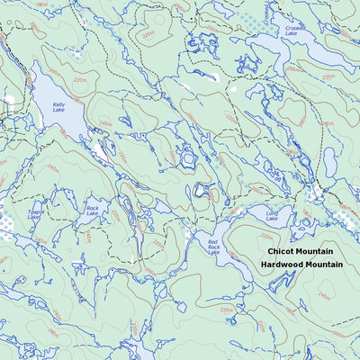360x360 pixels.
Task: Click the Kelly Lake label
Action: tap(58, 107)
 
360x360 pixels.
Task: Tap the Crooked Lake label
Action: tap(294, 31)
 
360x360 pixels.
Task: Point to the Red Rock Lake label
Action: tap(213, 247)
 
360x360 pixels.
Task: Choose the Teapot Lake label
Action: tap(36, 215)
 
